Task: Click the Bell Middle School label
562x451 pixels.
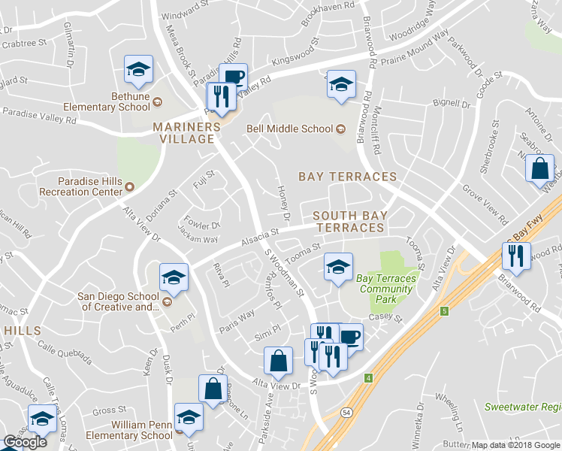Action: pyautogui.click(x=289, y=129)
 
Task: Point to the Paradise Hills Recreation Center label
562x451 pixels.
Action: pyautogui.click(x=90, y=186)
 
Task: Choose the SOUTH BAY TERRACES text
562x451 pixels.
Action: pyautogui.click(x=349, y=221)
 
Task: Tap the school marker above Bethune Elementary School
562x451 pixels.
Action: pyautogui.click(x=138, y=70)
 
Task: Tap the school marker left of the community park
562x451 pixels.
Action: pyautogui.click(x=338, y=267)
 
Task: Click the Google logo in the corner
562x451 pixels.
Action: pyautogui.click(x=25, y=442)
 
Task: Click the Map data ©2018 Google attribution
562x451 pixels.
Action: pyautogui.click(x=515, y=445)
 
